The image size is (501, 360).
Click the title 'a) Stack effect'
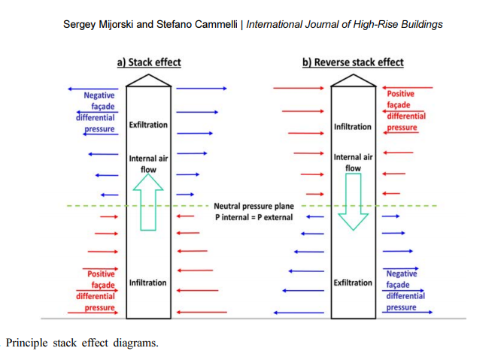pos(149,62)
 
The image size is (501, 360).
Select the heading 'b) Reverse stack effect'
pos(353,62)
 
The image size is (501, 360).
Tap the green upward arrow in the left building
pos(148,202)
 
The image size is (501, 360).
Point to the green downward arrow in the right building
pos(353,201)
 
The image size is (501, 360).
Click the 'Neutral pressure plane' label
pos(254,206)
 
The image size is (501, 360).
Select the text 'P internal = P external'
pos(254,217)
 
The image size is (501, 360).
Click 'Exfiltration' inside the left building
pos(148,125)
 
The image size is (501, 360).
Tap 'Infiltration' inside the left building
pos(147,283)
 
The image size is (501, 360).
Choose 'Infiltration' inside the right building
pos(353,127)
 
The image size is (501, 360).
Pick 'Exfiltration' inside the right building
pos(353,283)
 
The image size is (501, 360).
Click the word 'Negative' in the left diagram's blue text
pos(99,95)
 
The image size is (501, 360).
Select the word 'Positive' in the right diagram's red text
pos(401,94)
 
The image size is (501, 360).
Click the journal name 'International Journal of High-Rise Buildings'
pos(345,24)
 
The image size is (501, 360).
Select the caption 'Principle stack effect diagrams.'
pos(82,343)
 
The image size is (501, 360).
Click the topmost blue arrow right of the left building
pos(202,89)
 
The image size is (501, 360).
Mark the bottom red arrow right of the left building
pos(202,312)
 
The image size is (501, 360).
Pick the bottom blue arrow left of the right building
pos(299,313)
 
